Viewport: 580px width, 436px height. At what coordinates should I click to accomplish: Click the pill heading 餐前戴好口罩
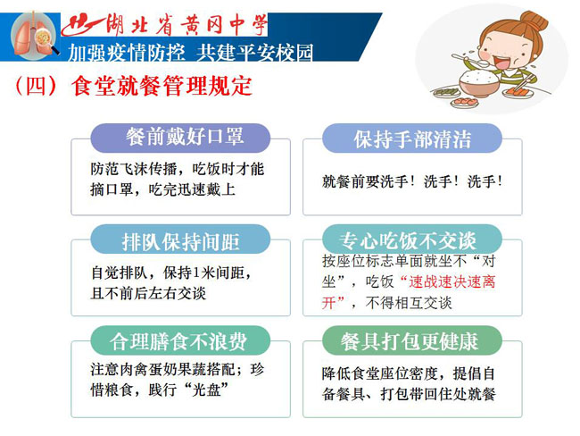tap(181, 138)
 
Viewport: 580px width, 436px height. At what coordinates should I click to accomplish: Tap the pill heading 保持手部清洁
tap(412, 138)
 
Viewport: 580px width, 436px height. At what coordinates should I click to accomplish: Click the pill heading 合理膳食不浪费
tap(181, 340)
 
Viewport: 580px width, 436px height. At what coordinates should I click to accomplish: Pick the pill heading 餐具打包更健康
tap(412, 340)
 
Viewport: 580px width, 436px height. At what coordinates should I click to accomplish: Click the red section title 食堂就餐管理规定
tap(162, 86)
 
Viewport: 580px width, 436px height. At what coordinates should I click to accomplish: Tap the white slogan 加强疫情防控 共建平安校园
tap(191, 52)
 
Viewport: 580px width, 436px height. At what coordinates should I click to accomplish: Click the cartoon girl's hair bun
tap(534, 21)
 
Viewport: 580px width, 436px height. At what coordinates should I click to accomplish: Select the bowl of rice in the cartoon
tap(479, 83)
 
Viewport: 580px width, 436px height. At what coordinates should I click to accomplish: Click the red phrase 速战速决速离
tap(452, 282)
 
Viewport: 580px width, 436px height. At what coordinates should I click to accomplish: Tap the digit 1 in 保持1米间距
tap(196, 273)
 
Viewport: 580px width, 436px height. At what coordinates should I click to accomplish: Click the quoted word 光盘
tap(206, 390)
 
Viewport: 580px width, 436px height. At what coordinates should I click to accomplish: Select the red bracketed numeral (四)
tap(37, 86)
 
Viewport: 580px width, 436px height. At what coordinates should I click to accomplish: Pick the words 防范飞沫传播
tap(134, 169)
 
